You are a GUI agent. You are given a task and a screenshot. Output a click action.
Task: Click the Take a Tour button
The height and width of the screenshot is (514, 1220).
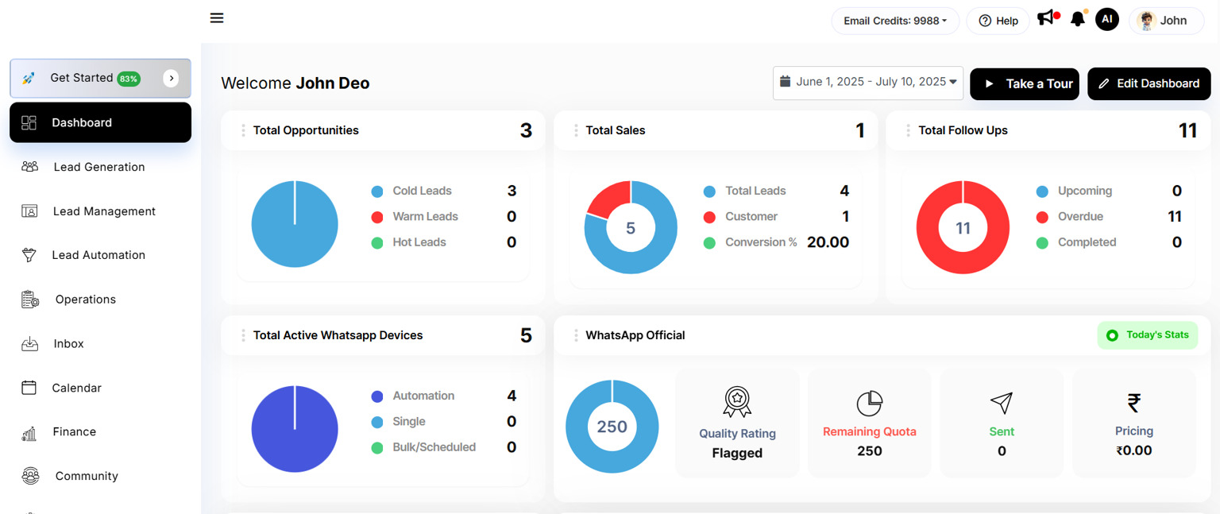tap(1024, 83)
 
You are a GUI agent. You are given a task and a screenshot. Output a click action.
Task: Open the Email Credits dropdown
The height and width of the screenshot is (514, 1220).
tap(894, 21)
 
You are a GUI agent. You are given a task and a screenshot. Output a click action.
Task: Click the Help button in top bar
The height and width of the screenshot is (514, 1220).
tap(998, 21)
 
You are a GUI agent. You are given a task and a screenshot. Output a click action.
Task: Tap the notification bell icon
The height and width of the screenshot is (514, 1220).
tap(1077, 19)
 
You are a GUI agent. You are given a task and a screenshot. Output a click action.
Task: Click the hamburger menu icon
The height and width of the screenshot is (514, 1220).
tap(217, 17)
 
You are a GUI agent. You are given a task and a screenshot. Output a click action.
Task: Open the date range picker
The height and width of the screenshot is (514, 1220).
tap(867, 83)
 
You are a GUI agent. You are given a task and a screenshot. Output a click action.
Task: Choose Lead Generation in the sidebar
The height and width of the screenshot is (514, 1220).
tap(98, 167)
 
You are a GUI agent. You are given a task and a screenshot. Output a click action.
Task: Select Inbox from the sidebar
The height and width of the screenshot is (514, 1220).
tap(68, 344)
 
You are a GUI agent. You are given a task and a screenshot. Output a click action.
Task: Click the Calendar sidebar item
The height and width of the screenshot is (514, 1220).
tap(76, 388)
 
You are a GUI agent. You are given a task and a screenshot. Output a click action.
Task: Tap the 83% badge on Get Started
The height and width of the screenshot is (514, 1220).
tap(129, 79)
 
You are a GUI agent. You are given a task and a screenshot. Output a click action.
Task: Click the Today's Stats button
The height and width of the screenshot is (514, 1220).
tap(1147, 335)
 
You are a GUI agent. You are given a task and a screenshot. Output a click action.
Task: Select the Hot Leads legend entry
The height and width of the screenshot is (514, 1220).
tap(419, 242)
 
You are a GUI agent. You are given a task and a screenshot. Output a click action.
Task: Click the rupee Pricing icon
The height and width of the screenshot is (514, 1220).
tap(1133, 404)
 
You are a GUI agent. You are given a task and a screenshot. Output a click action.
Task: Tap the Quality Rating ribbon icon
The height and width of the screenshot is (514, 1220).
tap(737, 401)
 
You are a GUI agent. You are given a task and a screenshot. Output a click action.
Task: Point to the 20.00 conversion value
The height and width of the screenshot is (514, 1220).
tap(828, 242)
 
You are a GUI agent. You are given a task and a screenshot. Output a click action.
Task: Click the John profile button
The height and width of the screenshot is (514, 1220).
tap(1165, 21)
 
